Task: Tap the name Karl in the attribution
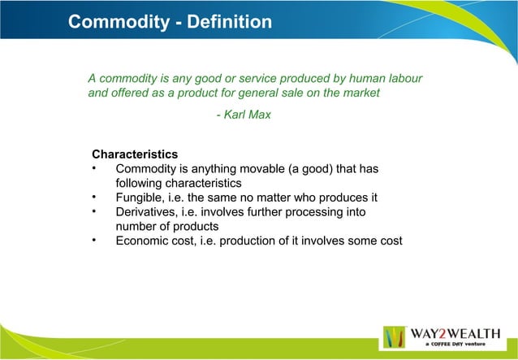236,115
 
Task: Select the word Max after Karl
261,115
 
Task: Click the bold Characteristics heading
135,154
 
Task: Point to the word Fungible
140,197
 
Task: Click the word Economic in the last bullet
145,241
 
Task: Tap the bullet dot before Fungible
95,197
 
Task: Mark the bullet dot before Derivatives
95,212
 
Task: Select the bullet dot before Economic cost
95,241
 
